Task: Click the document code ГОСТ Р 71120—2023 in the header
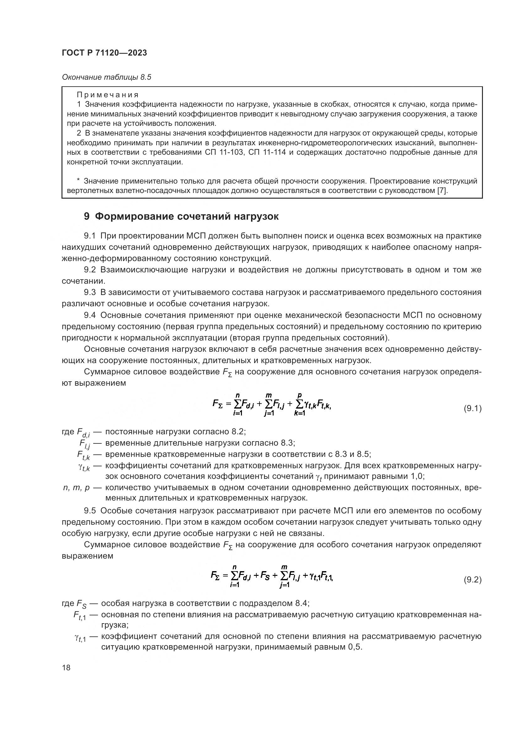tap(104, 53)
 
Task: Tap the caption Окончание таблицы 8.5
tap(106, 78)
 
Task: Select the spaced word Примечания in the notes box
tap(108, 95)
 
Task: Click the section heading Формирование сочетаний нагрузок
tap(187, 217)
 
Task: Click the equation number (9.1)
tap(472, 409)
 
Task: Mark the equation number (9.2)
tap(472, 580)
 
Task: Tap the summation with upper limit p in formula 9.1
tap(299, 405)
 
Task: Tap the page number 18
tap(66, 668)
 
